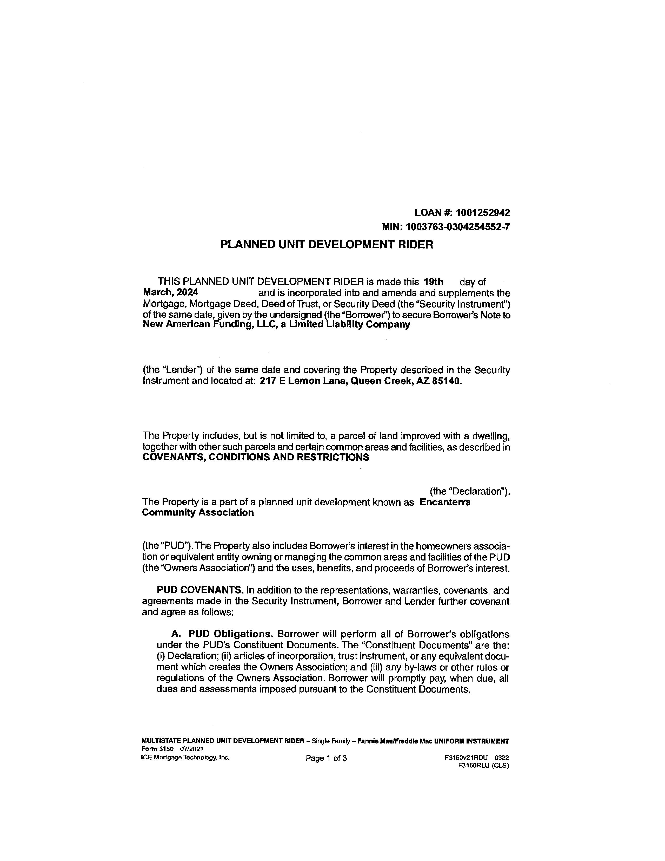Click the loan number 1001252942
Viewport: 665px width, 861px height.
[x=483, y=213]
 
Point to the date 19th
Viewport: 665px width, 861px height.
[x=433, y=282]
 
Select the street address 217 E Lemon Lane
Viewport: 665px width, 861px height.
[x=303, y=382]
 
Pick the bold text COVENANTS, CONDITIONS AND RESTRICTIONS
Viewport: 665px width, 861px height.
[x=255, y=457]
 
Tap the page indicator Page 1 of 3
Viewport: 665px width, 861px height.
[x=326, y=758]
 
